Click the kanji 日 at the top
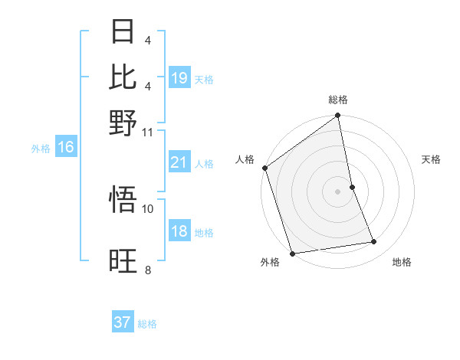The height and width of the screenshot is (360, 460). click(123, 32)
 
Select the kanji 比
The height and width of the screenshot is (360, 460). click(123, 77)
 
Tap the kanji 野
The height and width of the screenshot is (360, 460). click(123, 122)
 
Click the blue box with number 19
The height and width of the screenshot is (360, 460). click(179, 78)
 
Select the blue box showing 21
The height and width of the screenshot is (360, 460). click(179, 162)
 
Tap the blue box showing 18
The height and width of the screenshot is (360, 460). click(179, 232)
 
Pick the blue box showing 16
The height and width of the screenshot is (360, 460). click(66, 148)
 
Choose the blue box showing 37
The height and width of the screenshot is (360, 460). click(123, 322)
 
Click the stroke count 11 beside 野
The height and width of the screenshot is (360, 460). click(148, 132)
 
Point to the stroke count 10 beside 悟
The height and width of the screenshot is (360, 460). click(148, 208)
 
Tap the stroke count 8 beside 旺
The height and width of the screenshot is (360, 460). click(148, 270)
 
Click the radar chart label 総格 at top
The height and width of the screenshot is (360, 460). click(338, 100)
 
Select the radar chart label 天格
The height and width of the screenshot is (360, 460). click(432, 159)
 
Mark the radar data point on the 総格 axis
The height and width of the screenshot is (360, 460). click(338, 116)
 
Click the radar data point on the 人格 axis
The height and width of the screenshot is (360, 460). click(264, 168)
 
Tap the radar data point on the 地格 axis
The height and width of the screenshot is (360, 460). click(374, 242)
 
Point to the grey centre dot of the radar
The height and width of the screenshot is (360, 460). click(338, 191)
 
